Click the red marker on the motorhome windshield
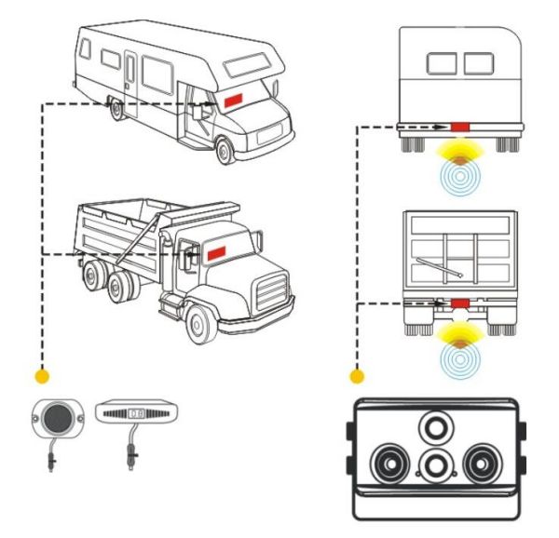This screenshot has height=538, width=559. pyautogui.click(x=231, y=97)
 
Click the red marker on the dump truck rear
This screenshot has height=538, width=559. pyautogui.click(x=459, y=303)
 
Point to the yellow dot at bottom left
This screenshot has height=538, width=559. pyautogui.click(x=40, y=378)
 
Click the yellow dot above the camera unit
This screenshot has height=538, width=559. pyautogui.click(x=355, y=378)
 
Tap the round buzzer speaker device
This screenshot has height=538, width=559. pyautogui.click(x=54, y=417)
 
